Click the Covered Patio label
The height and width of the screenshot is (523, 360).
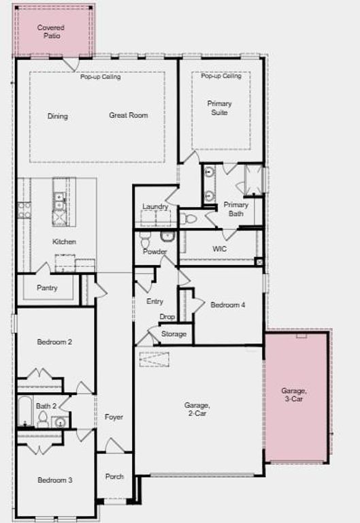(51, 31)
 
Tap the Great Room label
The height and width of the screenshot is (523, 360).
(128, 115)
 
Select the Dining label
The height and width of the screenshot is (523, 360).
(58, 116)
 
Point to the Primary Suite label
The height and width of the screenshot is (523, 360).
(219, 108)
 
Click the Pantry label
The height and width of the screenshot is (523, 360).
(47, 287)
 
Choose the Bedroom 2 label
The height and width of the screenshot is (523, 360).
(54, 342)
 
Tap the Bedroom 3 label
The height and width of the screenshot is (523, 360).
(54, 480)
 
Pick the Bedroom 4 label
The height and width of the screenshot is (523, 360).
(228, 305)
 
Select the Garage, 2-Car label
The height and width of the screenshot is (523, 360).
(196, 409)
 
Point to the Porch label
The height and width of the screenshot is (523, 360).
(114, 477)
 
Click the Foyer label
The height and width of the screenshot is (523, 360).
(114, 417)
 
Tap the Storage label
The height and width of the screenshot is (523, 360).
(174, 334)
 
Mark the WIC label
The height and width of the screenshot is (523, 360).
(219, 249)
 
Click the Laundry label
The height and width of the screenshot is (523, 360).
(155, 206)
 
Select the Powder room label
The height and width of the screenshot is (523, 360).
(154, 252)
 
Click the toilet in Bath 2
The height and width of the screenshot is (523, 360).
(42, 417)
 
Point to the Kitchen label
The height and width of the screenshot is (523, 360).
(65, 242)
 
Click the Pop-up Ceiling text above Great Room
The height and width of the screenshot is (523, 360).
(100, 77)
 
